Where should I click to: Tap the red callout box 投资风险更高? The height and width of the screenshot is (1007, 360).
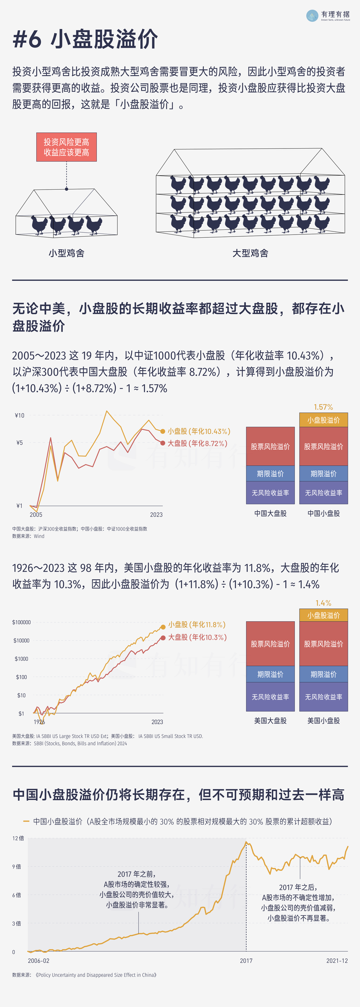click(x=66, y=147)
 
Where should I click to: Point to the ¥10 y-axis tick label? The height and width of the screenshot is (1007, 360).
click(x=19, y=415)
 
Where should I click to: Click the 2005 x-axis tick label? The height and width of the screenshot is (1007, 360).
click(x=36, y=514)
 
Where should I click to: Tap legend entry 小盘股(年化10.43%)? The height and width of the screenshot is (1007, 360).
click(x=199, y=431)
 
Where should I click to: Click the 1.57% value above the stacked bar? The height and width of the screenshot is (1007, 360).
click(x=323, y=407)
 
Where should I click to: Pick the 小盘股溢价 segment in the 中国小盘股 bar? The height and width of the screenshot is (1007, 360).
click(x=323, y=420)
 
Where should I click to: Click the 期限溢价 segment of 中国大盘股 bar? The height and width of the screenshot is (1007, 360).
click(x=270, y=473)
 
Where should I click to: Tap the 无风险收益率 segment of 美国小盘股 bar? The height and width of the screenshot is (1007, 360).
click(x=323, y=697)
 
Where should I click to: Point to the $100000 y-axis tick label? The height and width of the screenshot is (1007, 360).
click(x=21, y=622)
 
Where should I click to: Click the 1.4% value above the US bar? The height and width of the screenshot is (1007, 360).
click(x=323, y=603)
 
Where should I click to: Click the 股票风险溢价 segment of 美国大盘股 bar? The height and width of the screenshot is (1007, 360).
click(x=270, y=644)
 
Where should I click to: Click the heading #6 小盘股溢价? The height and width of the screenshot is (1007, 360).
click(x=85, y=39)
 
